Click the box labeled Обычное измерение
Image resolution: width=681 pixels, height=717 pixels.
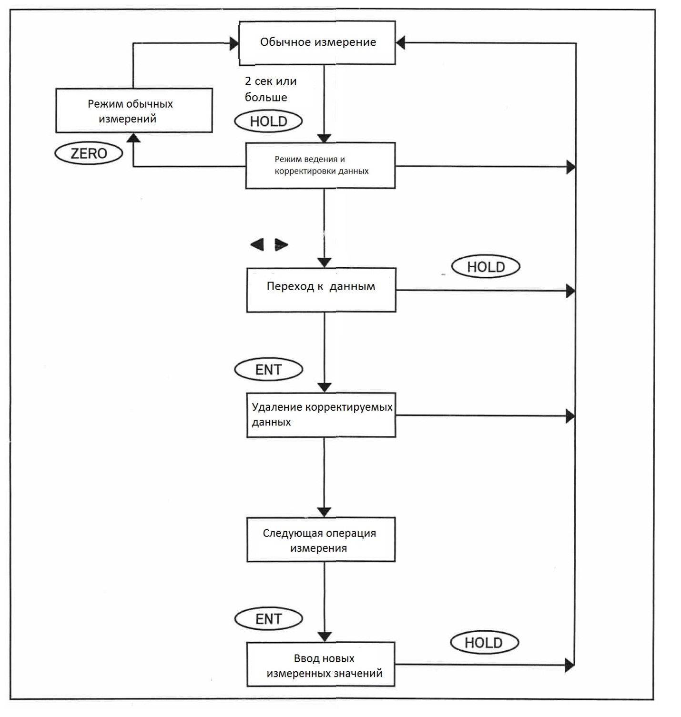pyautogui.click(x=317, y=42)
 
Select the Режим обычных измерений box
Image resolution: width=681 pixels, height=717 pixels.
pyautogui.click(x=134, y=110)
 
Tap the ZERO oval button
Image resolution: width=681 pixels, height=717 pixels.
pyautogui.click(x=89, y=153)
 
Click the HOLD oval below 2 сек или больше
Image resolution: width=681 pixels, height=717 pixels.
pyautogui.click(x=268, y=121)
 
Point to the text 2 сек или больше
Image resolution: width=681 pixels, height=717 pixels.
pyautogui.click(x=271, y=89)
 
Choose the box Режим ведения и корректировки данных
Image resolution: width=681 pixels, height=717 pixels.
pyautogui.click(x=320, y=165)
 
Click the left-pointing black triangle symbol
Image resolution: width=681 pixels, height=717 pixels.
pyautogui.click(x=257, y=245)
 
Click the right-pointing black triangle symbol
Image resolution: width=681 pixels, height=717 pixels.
pyautogui.click(x=281, y=245)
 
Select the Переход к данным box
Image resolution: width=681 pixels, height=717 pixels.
pyautogui.click(x=321, y=290)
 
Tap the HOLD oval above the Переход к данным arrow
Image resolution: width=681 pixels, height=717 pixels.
pyautogui.click(x=486, y=266)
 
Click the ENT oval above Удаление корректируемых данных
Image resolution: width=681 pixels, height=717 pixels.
pyautogui.click(x=268, y=369)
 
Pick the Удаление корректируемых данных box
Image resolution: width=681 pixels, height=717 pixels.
pyautogui.click(x=321, y=415)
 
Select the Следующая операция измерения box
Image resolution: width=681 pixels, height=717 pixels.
pyautogui.click(x=321, y=539)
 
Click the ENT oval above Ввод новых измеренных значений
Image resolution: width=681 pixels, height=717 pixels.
pyautogui.click(x=268, y=619)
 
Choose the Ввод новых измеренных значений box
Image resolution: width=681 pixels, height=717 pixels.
pyautogui.click(x=321, y=664)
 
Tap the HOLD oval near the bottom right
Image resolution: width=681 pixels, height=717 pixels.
pyautogui.click(x=484, y=643)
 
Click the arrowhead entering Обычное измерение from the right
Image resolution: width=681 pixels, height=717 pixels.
pyautogui.click(x=400, y=42)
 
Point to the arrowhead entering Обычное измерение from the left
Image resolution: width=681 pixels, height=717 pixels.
pyautogui.click(x=234, y=44)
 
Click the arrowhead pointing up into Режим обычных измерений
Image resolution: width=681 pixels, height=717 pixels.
pyautogui.click(x=133, y=138)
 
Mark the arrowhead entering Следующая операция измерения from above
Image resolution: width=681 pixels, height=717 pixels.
pyautogui.click(x=324, y=513)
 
